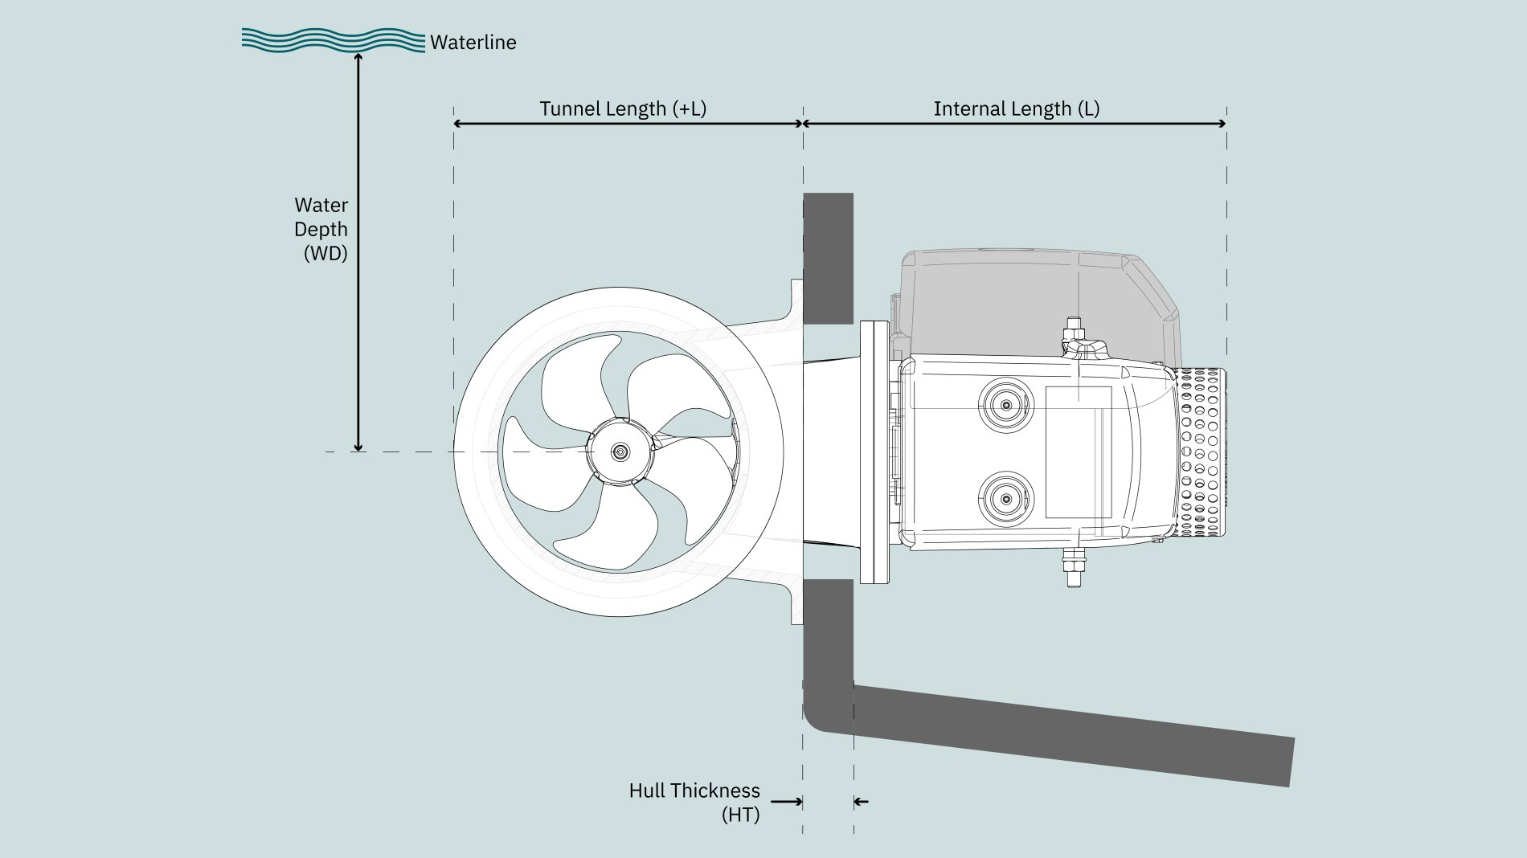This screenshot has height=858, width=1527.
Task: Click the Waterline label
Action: pos(473,43)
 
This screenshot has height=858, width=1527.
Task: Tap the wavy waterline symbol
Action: pos(334,40)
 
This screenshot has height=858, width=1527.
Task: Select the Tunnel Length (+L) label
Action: pos(623,109)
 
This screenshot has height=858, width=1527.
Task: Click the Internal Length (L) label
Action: pos(1017,109)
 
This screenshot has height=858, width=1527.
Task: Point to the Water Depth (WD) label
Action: pos(321,230)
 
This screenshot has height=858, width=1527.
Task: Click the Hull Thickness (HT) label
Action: pos(694,803)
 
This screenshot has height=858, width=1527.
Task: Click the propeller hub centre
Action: pos(620,452)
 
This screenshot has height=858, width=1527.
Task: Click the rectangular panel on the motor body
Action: pos(1079,452)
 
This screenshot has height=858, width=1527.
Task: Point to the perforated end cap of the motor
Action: pos(1201,452)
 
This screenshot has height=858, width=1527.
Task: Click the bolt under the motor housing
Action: pos(1073,567)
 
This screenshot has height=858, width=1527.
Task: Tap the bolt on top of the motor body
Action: pos(1073,331)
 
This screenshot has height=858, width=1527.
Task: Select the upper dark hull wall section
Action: pos(828,259)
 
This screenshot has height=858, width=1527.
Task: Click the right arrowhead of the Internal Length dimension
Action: pos(1222,124)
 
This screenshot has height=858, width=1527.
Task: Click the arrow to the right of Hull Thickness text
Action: pos(787,802)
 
